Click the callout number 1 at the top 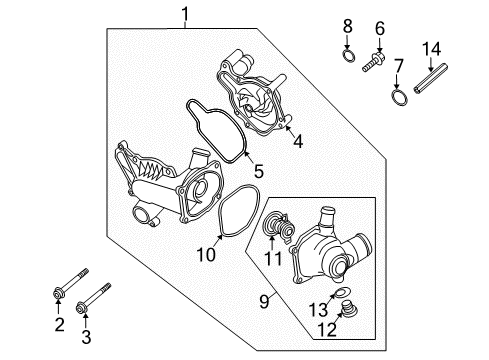[x=185, y=14]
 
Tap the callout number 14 [x=431, y=49]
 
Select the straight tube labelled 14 [x=430, y=79]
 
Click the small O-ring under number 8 [x=348, y=56]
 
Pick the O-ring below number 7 [x=399, y=97]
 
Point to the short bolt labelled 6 [x=373, y=63]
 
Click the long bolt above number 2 [x=71, y=283]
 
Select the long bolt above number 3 [x=93, y=298]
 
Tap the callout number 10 [x=206, y=255]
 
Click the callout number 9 [x=264, y=302]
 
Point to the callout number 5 [x=259, y=171]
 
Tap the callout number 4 [x=298, y=141]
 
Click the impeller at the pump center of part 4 [x=251, y=103]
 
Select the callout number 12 [x=327, y=330]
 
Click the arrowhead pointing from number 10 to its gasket [x=220, y=237]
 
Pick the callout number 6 [x=380, y=28]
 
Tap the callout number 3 [x=86, y=337]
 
